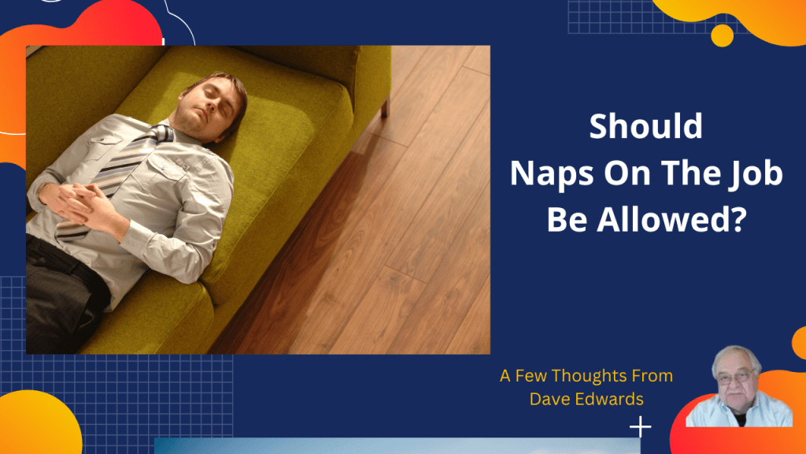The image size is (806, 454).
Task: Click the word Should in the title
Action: click(645, 128)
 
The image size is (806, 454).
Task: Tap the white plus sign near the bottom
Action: click(641, 427)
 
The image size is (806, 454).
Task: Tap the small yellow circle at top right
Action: click(722, 35)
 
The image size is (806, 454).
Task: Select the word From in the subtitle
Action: click(653, 376)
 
